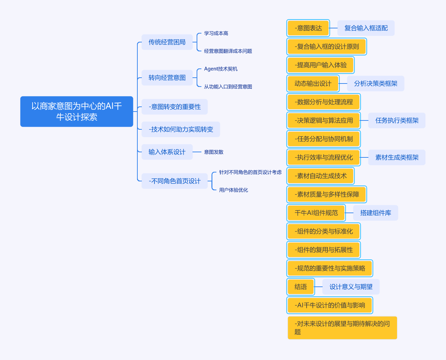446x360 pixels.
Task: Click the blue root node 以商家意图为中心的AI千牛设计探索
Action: click(77, 112)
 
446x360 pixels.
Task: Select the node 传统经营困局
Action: click(167, 42)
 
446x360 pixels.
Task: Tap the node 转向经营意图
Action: click(167, 78)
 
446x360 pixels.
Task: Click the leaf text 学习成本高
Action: click(216, 33)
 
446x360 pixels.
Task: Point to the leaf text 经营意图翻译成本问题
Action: click(228, 51)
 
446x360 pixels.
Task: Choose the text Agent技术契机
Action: click(221, 69)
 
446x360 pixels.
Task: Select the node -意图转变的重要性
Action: click(175, 107)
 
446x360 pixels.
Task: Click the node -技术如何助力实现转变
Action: click(181, 129)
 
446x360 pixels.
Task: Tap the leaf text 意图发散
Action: click(214, 152)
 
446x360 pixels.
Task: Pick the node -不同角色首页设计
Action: click(175, 181)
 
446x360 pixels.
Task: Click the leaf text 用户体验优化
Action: click(234, 190)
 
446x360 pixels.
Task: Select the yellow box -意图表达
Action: click(308, 28)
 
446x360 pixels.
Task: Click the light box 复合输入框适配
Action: click(366, 28)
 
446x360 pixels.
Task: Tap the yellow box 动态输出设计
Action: click(313, 83)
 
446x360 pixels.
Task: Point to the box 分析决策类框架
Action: click(375, 83)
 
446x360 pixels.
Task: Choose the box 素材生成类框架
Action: click(397, 157)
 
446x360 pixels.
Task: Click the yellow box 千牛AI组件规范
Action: click(316, 213)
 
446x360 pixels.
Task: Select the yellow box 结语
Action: click(300, 287)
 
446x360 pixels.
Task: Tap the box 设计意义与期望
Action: click(351, 287)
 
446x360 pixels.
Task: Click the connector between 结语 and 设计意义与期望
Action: click(318, 287)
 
